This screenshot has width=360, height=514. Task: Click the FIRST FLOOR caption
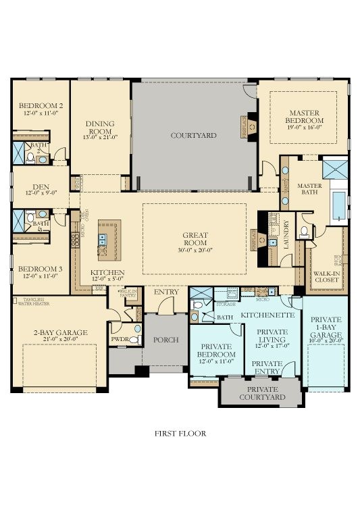tap(180, 433)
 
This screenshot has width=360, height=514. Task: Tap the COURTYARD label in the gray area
tap(193, 136)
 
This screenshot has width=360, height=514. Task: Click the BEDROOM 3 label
tap(41, 268)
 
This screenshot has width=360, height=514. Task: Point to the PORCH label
tap(165, 340)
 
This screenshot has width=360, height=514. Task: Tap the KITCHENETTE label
tap(267, 315)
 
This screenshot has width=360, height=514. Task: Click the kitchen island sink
tap(103, 238)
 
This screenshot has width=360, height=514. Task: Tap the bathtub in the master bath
tap(338, 203)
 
